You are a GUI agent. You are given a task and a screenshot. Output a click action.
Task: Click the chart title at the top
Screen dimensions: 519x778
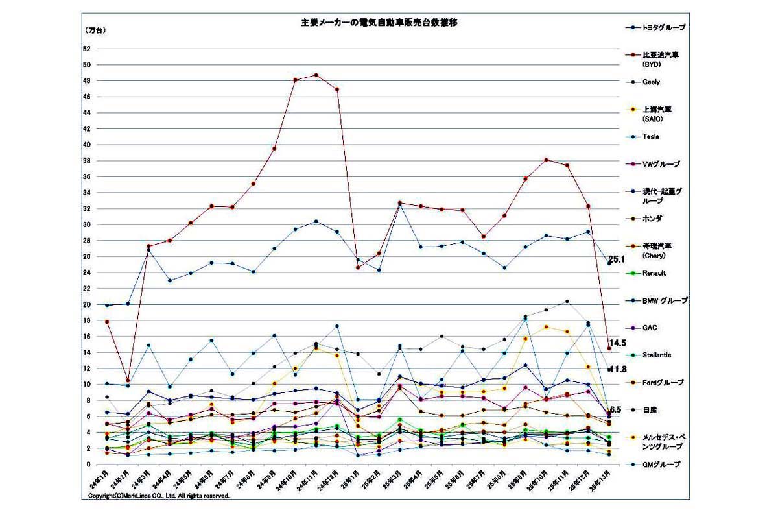click(379, 23)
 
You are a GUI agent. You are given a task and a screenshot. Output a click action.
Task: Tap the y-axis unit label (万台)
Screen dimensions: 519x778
click(95, 30)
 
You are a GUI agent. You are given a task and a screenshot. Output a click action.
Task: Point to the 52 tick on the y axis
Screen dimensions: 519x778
click(86, 49)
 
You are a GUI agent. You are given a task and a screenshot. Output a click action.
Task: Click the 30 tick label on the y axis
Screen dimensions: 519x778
click(86, 224)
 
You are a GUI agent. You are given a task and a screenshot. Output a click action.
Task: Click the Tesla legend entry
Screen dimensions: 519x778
click(650, 136)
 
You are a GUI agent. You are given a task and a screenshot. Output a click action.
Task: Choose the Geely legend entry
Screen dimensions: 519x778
click(651, 82)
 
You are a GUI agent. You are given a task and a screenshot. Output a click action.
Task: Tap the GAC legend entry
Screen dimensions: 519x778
click(650, 328)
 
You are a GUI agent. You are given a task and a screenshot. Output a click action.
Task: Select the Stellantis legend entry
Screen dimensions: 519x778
click(656, 355)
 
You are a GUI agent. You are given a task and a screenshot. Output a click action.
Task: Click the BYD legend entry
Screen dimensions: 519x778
click(660, 59)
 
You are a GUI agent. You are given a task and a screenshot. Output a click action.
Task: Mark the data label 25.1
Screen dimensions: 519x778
click(617, 259)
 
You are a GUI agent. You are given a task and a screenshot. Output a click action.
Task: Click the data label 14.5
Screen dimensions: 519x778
click(618, 343)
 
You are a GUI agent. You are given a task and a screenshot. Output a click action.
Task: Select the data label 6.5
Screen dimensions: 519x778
click(617, 410)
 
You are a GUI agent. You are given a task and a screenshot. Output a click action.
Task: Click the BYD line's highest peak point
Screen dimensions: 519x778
click(316, 75)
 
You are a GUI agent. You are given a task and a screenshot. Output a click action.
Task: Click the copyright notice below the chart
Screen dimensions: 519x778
click(159, 495)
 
